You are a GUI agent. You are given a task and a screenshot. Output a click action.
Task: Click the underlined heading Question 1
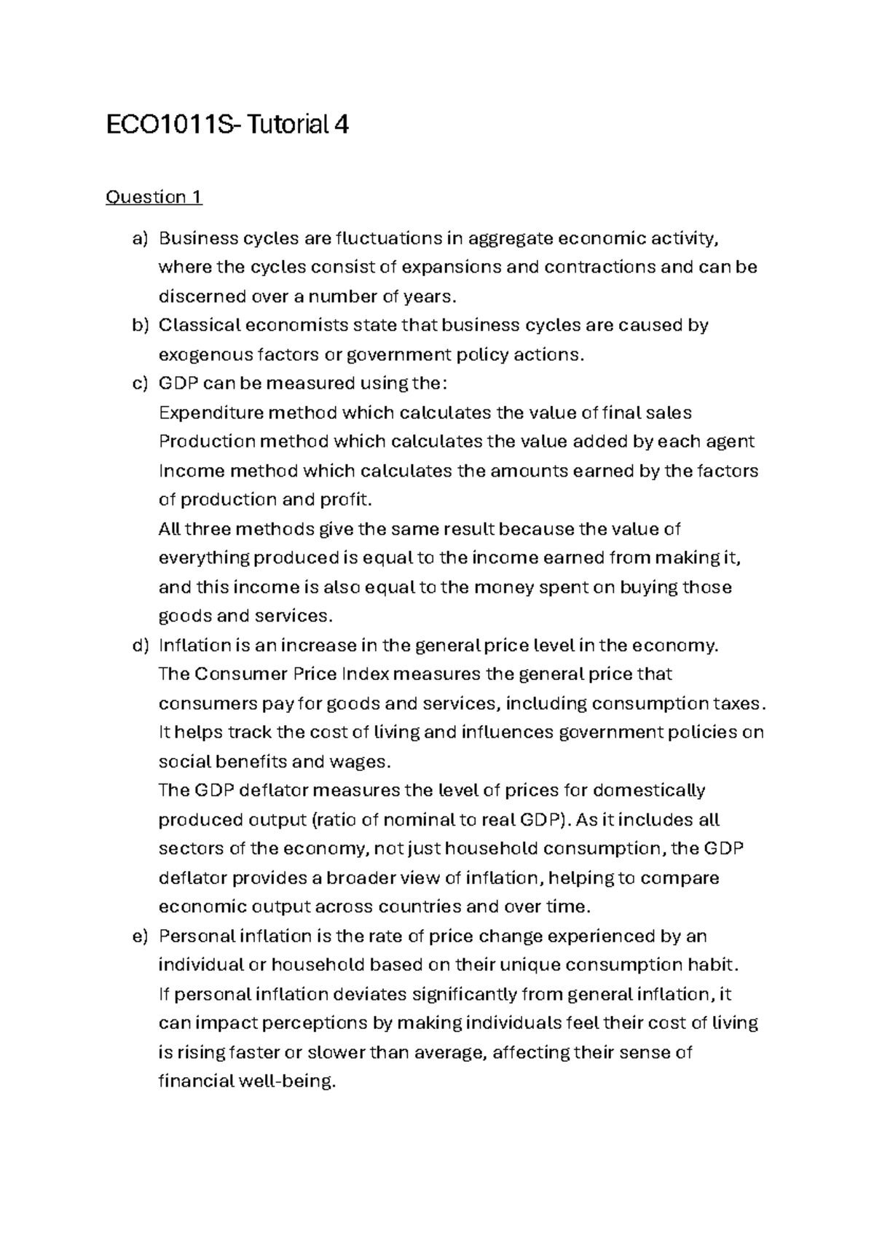[x=154, y=197]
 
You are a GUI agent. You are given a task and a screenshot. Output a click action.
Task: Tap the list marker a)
[x=140, y=238]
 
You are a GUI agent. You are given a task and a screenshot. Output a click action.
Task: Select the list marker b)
[x=140, y=325]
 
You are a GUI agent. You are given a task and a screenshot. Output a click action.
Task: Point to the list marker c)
[x=140, y=383]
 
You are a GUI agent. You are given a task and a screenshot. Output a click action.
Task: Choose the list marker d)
[x=140, y=646]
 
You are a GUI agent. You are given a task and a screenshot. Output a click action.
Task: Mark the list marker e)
[x=140, y=936]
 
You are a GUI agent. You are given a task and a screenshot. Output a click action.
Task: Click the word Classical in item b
[x=196, y=325]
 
